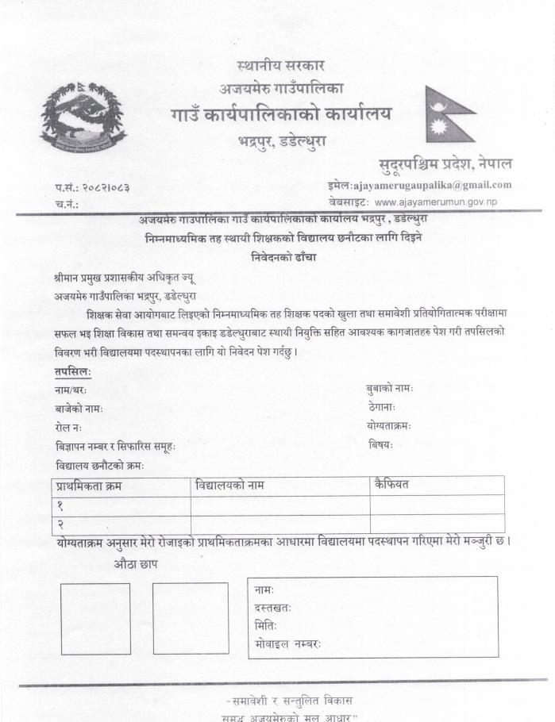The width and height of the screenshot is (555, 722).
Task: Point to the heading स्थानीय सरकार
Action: pyautogui.click(x=280, y=65)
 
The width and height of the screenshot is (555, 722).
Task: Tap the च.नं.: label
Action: pyautogui.click(x=67, y=204)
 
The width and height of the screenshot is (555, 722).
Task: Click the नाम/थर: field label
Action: pyautogui.click(x=71, y=390)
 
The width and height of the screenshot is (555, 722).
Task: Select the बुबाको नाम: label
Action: pyautogui.click(x=389, y=389)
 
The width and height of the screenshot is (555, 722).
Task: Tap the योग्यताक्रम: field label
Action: pyautogui.click(x=388, y=426)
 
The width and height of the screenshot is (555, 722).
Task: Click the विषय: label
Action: pyautogui.click(x=380, y=445)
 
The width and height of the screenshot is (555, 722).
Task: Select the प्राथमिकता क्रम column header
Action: pyautogui.click(x=90, y=485)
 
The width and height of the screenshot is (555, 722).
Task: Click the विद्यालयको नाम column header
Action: pyautogui.click(x=230, y=484)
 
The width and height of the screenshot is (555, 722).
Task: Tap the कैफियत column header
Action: pyautogui.click(x=391, y=483)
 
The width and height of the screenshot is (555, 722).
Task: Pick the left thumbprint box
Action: pyautogui.click(x=95, y=619)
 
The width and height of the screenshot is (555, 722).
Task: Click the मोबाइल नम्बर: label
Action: pyautogui.click(x=288, y=643)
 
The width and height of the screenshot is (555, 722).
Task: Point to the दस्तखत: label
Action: pyautogui.click(x=273, y=608)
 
